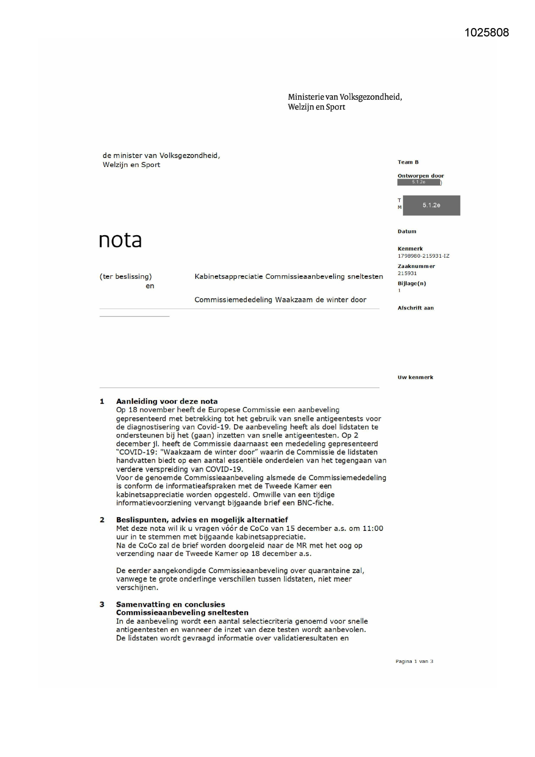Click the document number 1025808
pos(486,33)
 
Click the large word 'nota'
pos(120,240)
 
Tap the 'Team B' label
pos(408,162)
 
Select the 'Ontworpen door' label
pos(420,176)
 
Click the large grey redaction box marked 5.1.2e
pos(431,205)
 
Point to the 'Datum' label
pos(407,231)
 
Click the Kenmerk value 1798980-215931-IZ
pos(423,256)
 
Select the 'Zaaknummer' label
pos(416,266)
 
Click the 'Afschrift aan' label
pos(415,308)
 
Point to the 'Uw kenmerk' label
pos(415,377)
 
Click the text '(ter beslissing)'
pos(125,277)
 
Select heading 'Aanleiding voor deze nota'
pos(167,401)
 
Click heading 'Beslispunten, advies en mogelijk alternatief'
pos(202,520)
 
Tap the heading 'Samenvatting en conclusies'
pos(170,604)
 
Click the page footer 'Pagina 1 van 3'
pos(414,661)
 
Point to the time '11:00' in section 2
pos(373,528)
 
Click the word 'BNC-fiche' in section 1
pos(315,503)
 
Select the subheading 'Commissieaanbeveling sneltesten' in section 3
pos(182,612)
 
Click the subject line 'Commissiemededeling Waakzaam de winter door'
pos(280,300)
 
